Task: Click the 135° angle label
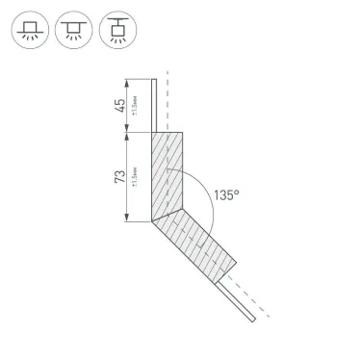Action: coord(227,193)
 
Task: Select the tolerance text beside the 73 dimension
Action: coord(135,179)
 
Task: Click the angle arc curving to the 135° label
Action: coord(198,193)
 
